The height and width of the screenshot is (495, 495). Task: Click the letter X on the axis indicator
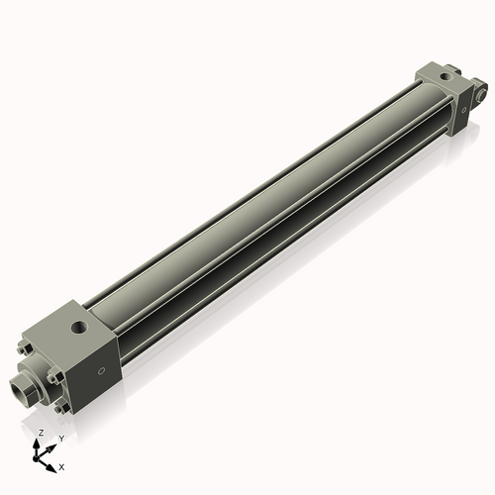62,465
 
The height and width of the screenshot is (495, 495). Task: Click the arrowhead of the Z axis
39,442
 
